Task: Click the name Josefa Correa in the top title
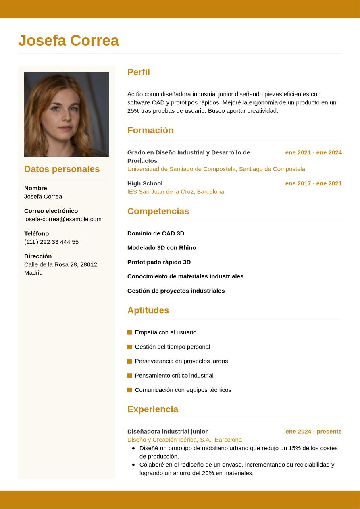69,40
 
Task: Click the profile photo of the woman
67,114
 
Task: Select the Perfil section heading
138,72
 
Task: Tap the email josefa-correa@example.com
62,219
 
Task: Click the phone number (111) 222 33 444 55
51,242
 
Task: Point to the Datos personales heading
62,169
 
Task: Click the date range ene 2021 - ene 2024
313,152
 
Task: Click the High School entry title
145,183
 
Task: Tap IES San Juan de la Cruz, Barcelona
175,192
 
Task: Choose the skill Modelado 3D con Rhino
162,248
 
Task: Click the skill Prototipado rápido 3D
159,262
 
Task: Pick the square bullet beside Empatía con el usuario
130,332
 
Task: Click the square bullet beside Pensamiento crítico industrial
130,376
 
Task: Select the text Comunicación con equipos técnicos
183,390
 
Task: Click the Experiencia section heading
152,409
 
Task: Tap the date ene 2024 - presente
313,432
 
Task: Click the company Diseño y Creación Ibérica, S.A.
184,440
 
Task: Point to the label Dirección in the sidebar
38,256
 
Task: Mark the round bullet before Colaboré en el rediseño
133,465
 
